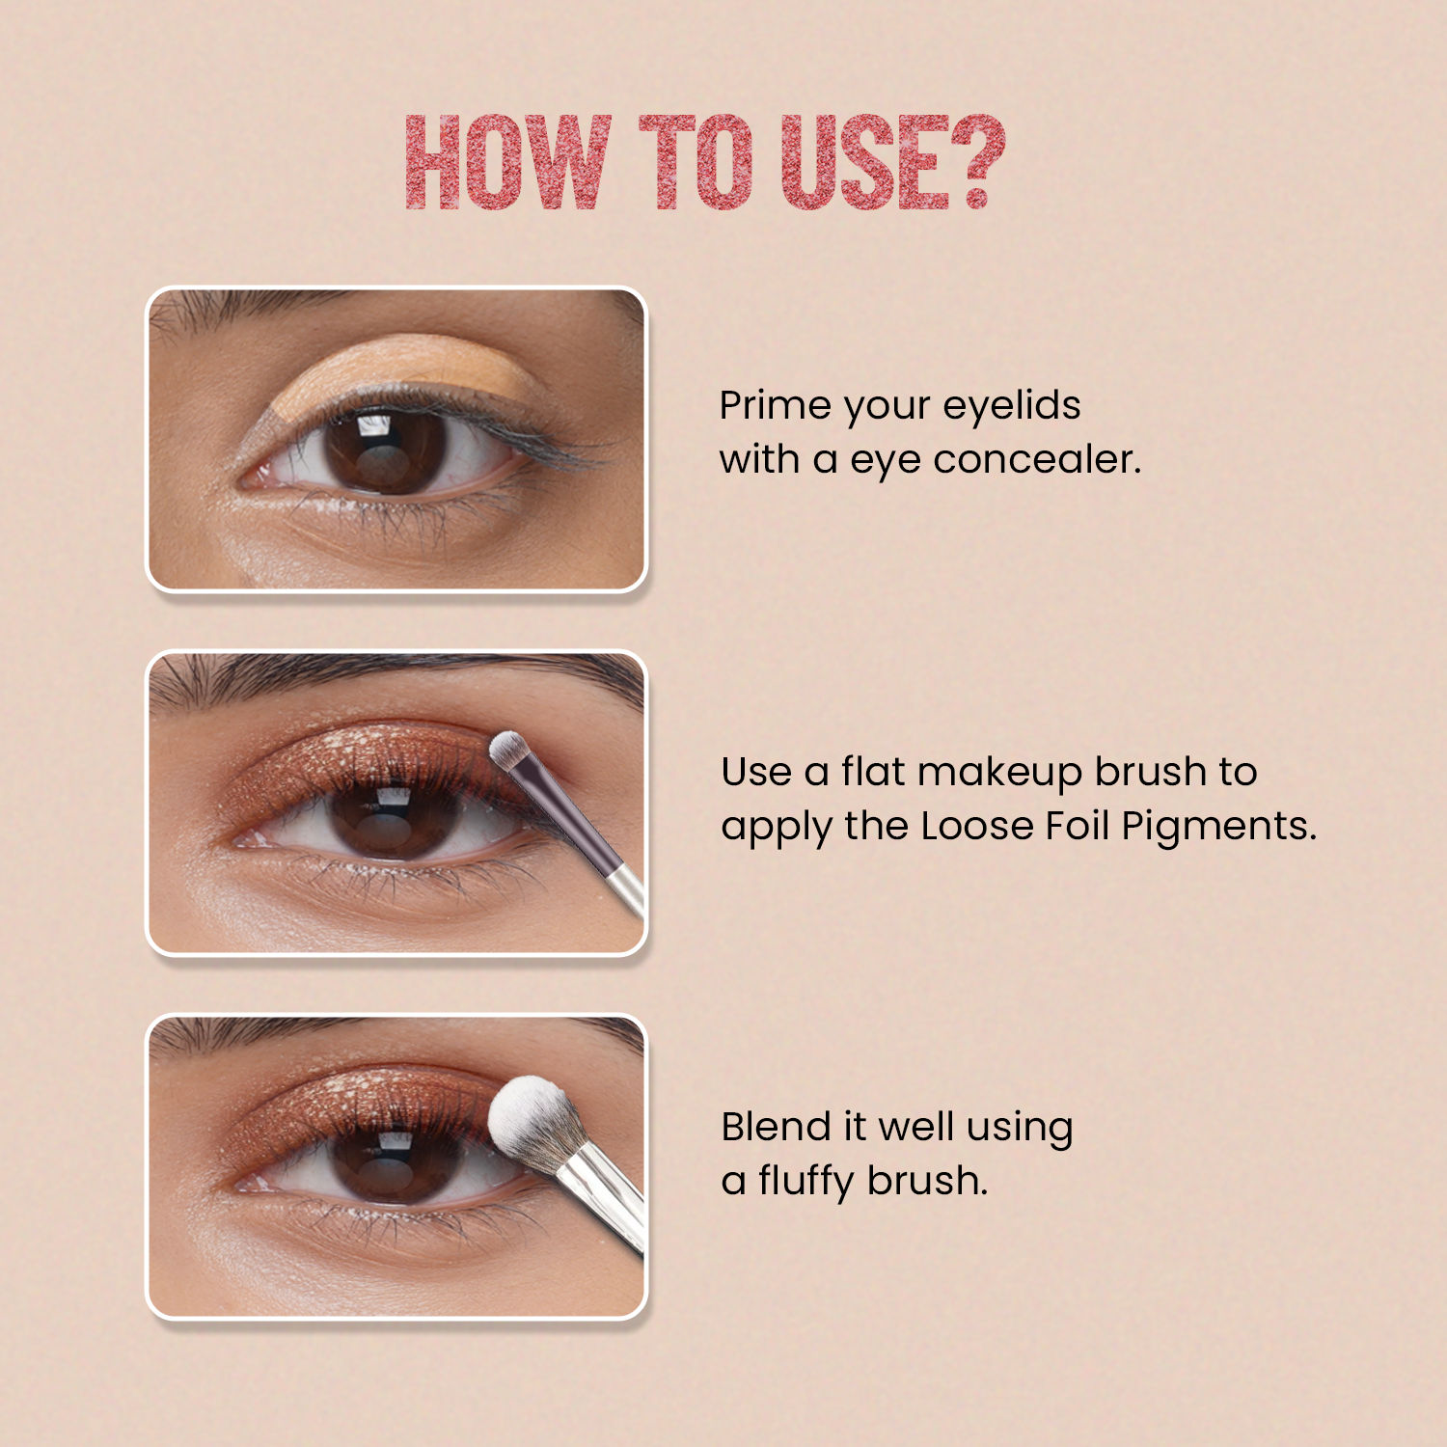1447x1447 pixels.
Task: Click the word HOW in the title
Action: [508, 161]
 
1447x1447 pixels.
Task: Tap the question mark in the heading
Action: [978, 161]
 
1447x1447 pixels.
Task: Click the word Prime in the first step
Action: [777, 405]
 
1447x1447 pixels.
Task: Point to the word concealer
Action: [1037, 459]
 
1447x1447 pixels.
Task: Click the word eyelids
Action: [1012, 405]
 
